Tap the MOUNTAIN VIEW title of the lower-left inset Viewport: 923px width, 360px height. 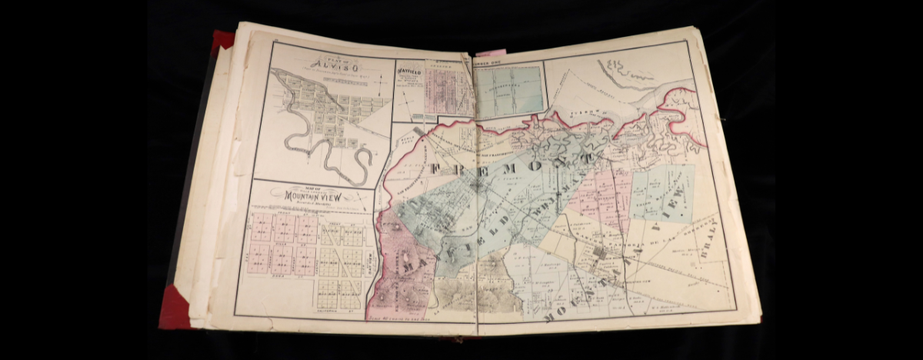(x=312, y=197)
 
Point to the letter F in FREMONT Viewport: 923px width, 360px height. (x=436, y=168)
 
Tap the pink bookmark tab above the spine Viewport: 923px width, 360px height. (x=490, y=53)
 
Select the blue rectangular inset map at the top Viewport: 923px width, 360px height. (x=508, y=90)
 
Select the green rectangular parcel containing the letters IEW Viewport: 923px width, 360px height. (x=661, y=192)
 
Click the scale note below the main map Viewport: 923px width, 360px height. (x=408, y=318)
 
